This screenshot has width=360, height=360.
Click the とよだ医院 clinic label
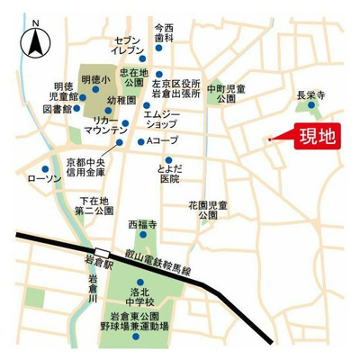(x=168, y=174)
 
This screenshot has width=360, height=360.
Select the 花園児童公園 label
(x=202, y=211)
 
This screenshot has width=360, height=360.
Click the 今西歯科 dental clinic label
(x=164, y=33)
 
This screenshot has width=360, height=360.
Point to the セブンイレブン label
(x=127, y=46)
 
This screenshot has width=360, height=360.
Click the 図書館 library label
(x=56, y=110)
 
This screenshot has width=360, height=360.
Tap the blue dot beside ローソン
(x=43, y=167)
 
